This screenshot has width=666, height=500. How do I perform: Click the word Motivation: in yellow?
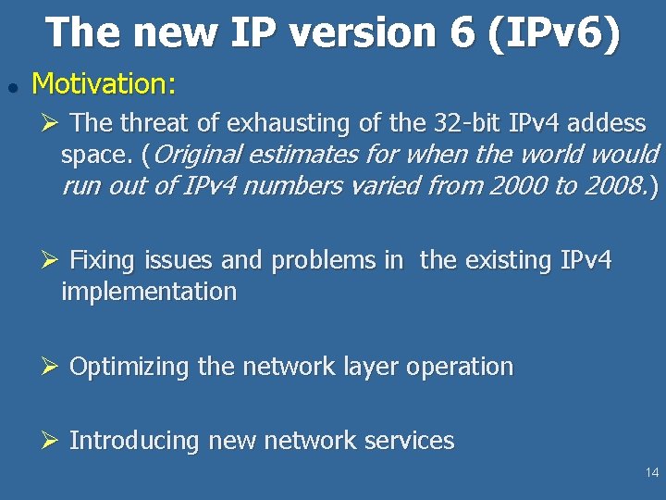[x=104, y=84]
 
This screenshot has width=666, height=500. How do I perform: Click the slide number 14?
[x=652, y=473]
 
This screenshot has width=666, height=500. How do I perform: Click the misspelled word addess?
[x=607, y=122]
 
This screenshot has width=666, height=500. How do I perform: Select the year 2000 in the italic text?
[x=519, y=185]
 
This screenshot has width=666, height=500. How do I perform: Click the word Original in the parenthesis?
[x=197, y=154]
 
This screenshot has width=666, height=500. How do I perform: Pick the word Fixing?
[x=102, y=260]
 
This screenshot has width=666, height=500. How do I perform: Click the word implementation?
[x=149, y=292]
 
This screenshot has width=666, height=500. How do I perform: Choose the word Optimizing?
[x=129, y=367]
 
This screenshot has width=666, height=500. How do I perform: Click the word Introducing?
[x=135, y=441]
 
